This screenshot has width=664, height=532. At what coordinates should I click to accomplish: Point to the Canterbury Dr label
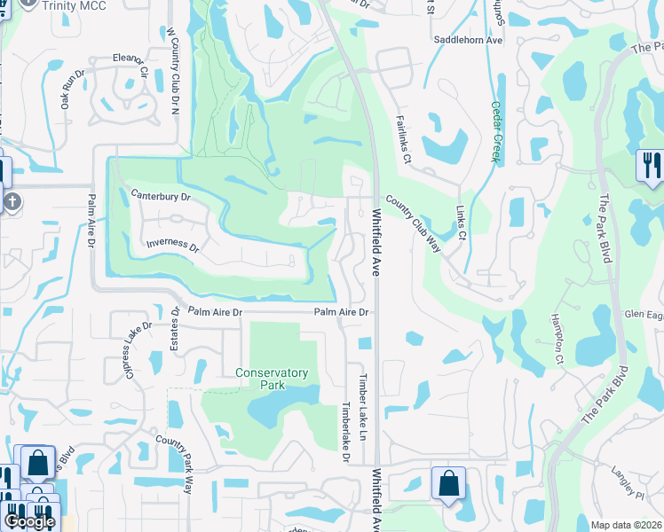coord(161,195)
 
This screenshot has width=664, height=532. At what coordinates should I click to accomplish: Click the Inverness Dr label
coord(172,245)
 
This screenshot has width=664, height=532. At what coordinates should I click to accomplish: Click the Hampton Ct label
coord(558,340)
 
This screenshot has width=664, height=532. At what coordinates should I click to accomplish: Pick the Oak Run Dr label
coord(71,89)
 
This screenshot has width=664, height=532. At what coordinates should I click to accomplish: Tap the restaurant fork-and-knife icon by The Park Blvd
coord(650,165)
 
